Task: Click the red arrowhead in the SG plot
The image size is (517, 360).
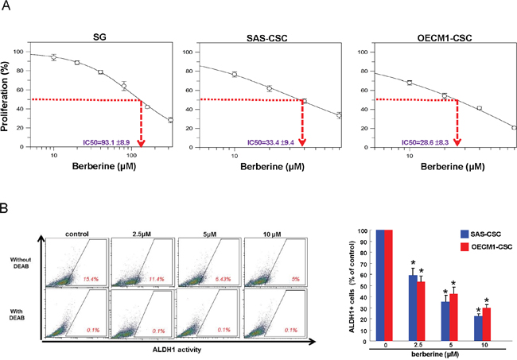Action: (141, 143)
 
